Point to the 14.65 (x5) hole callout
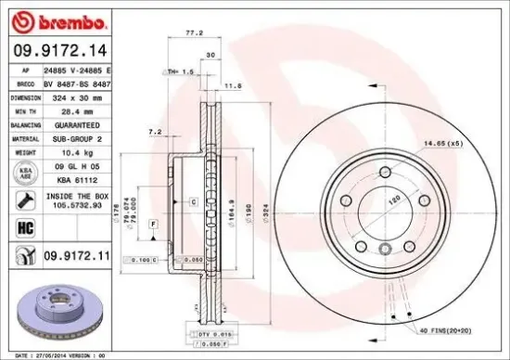443,142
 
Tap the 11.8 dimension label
234,85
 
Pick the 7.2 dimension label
155,133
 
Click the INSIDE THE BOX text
78,197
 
